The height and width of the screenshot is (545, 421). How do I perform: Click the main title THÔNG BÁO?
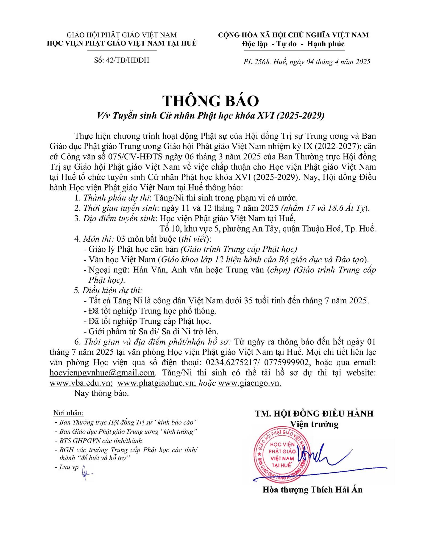click(x=210, y=101)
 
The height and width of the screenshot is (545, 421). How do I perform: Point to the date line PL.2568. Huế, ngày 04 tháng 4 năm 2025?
click(x=307, y=62)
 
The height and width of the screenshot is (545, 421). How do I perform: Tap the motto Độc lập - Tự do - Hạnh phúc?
click(x=293, y=44)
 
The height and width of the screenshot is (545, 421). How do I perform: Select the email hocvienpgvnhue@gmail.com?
click(x=102, y=373)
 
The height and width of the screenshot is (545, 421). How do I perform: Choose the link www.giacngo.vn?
click(x=249, y=383)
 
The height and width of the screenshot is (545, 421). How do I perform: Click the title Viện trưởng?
click(x=314, y=424)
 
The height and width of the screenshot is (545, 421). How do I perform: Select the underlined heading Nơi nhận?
click(x=68, y=413)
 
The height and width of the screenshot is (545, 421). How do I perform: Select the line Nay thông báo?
click(x=102, y=393)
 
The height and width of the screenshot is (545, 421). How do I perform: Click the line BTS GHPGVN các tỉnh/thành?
click(x=101, y=441)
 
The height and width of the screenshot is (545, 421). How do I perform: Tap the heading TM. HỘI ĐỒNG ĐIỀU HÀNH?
click(x=314, y=414)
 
